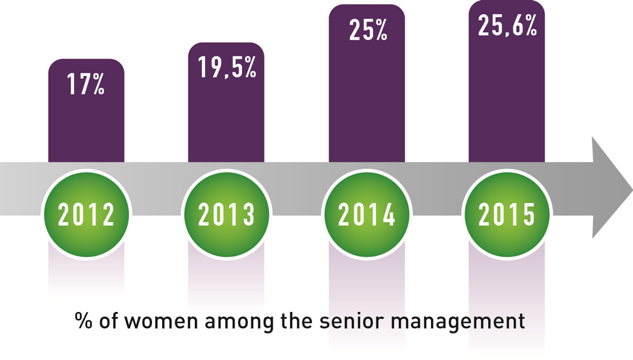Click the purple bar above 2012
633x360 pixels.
coord(86,127)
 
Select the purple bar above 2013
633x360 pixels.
coord(227,120)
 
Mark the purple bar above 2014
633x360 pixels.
coord(367,101)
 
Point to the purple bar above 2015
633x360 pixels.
coord(507,101)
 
